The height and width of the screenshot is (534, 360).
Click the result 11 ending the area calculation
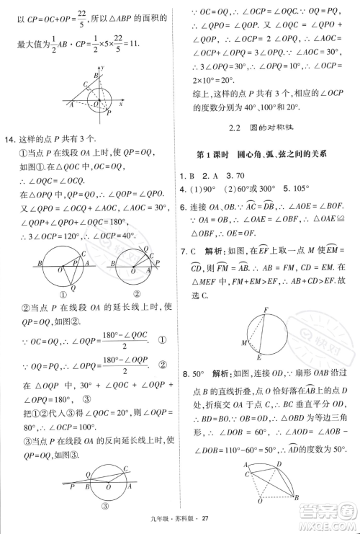tap(129, 43)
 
